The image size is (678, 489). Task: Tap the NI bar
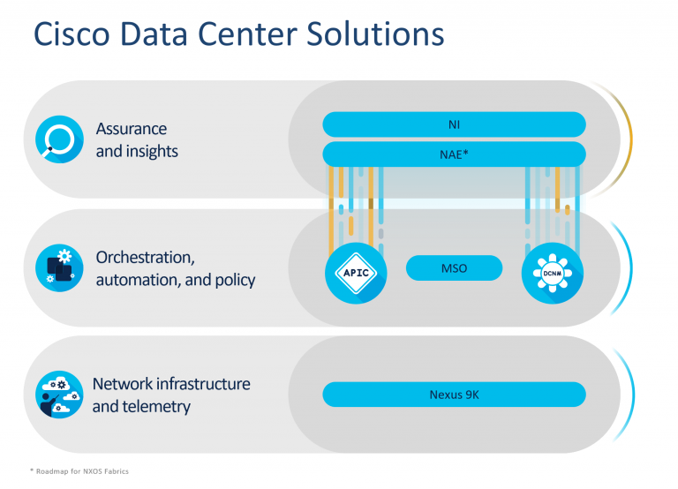(454, 124)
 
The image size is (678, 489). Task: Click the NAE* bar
(454, 154)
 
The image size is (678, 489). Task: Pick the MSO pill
(454, 268)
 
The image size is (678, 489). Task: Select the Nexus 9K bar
(454, 395)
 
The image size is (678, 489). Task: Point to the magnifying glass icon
(59, 140)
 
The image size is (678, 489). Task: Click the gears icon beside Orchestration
(59, 268)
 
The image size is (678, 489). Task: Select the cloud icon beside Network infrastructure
(59, 395)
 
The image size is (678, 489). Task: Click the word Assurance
(132, 129)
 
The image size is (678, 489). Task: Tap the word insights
(151, 151)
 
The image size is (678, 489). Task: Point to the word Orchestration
(144, 258)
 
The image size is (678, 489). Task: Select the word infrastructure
(202, 384)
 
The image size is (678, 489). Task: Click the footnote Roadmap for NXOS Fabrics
(79, 471)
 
